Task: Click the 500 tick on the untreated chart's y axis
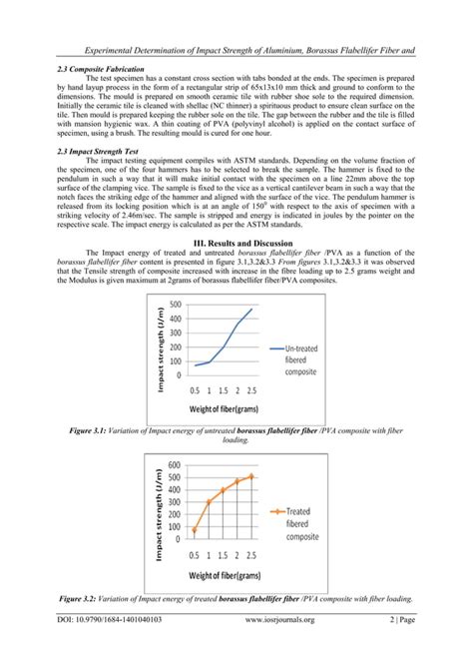coord(176,305)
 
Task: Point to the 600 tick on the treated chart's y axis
coord(175,465)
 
